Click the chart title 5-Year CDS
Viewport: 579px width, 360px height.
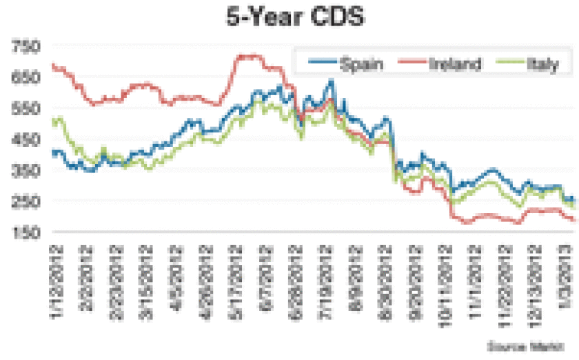[290, 17]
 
